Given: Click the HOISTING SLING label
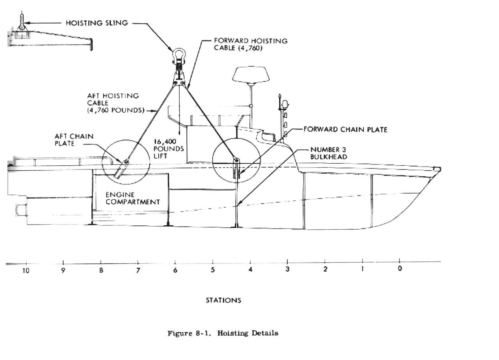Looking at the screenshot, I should [x=97, y=23].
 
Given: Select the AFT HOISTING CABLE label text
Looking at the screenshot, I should [x=113, y=103].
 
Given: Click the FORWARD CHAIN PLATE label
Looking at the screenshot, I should [x=345, y=130].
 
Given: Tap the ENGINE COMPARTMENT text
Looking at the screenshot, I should [x=133, y=198].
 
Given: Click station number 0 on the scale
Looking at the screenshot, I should [x=399, y=269].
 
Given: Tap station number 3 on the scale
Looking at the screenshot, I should [x=288, y=269].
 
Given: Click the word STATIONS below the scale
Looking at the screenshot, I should [x=223, y=300].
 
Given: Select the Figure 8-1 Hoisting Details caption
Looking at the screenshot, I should [x=223, y=333].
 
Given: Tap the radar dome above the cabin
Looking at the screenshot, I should [x=251, y=75].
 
